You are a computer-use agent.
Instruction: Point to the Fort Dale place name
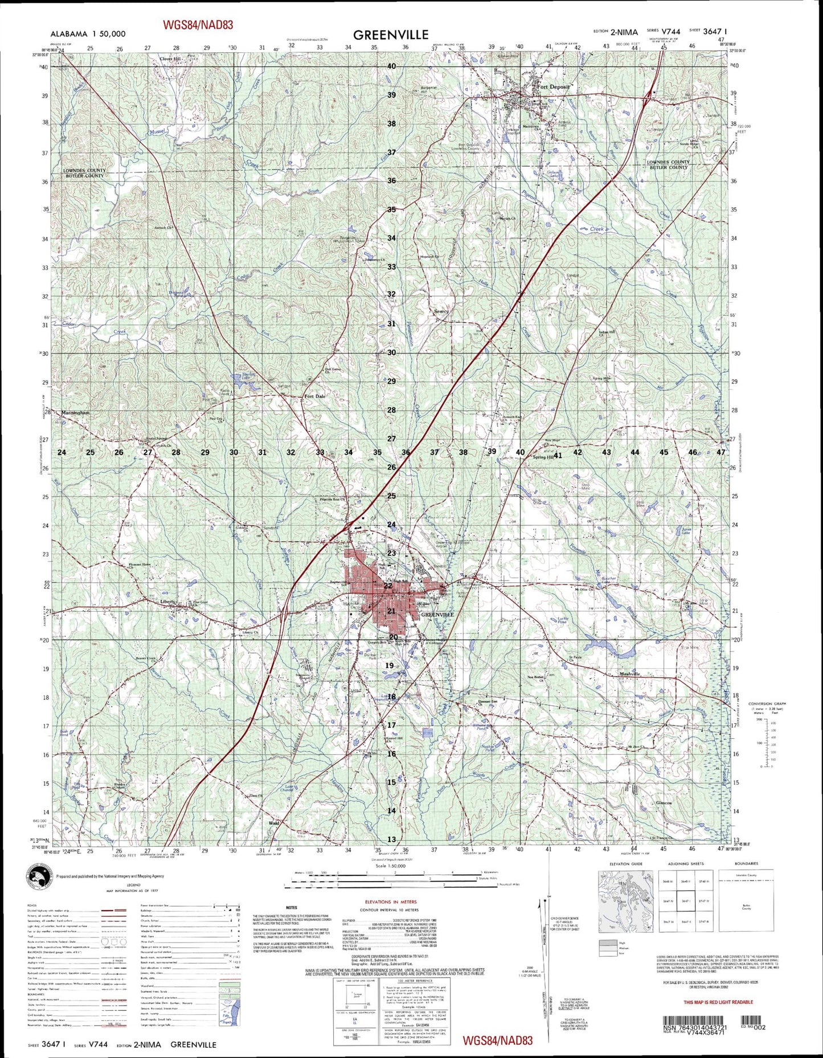tap(316, 397)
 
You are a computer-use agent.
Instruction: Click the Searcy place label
tap(441, 311)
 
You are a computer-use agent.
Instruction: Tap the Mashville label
tap(630, 674)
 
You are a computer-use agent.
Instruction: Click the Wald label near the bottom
tap(275, 823)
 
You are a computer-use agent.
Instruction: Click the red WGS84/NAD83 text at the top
tap(198, 24)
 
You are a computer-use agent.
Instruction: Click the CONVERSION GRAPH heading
tap(767, 704)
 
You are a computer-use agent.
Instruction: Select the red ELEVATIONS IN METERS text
tap(391, 901)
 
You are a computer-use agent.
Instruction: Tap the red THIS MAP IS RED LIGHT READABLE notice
tap(718, 1002)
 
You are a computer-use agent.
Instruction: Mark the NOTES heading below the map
tap(292, 907)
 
